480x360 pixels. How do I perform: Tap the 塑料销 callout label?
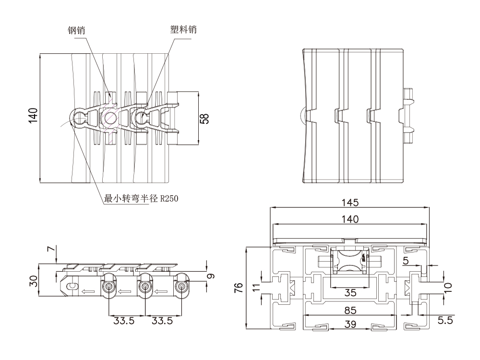(x=183, y=29)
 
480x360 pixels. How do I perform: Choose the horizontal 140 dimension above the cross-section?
(x=350, y=219)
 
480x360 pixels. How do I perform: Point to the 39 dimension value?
(x=350, y=324)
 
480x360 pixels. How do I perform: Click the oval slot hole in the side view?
(x=72, y=287)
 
